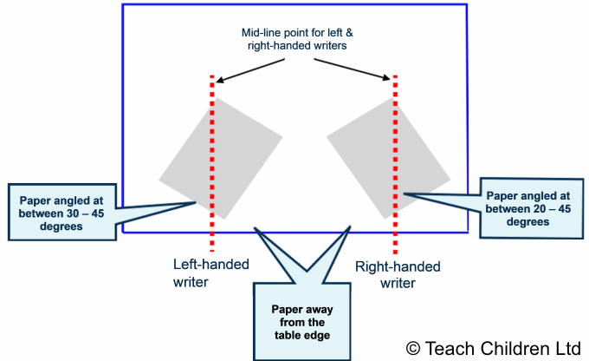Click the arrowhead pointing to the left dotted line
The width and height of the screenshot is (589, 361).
pos(216,80)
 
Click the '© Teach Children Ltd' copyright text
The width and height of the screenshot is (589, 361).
pos(493,347)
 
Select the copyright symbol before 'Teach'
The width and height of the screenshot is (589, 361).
pos(413,347)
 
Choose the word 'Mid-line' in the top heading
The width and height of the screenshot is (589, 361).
pos(262,32)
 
